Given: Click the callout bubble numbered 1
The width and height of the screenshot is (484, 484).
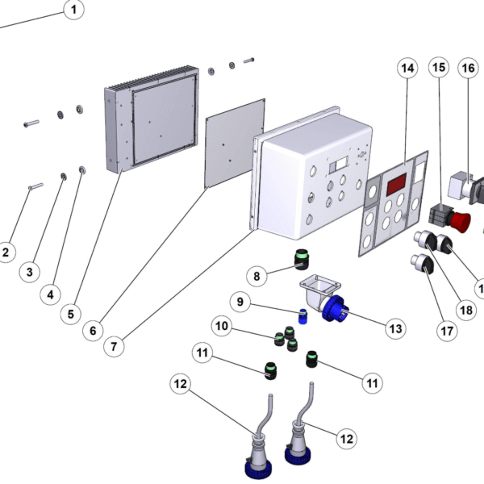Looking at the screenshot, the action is point(73,10).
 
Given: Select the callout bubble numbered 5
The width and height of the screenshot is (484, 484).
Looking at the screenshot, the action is point(71,315).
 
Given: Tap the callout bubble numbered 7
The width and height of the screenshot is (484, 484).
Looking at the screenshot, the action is point(114,346).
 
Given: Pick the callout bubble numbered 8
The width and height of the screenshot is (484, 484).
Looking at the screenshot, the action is point(257,276).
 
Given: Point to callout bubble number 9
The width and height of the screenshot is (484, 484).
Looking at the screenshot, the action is point(240,302).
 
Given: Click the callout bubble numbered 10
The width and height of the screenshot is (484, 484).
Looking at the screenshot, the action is point(222,326).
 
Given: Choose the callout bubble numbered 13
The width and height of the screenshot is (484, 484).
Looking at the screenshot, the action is point(396,329).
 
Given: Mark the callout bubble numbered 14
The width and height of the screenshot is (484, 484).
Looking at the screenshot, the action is point(407,69).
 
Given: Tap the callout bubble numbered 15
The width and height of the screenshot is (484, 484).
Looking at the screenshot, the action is point(439,67).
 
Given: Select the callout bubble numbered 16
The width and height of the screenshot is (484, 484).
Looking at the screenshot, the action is point(468,68).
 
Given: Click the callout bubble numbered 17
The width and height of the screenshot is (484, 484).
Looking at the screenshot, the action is point(447,331).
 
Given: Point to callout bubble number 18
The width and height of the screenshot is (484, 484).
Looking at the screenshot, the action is point(466,310).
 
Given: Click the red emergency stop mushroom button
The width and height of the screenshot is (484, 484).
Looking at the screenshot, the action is point(461,221).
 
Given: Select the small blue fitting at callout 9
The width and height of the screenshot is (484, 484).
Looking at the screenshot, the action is point(302,316).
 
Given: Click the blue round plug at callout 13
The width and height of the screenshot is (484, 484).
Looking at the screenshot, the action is point(334,308).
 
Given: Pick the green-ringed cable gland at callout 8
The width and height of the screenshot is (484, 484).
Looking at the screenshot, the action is point(301,259).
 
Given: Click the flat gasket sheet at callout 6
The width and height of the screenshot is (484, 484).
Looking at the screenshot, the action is point(236,144).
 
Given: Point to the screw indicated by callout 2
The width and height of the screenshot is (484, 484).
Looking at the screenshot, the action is point(35,186).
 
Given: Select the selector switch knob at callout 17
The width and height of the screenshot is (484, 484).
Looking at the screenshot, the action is point(422,264).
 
